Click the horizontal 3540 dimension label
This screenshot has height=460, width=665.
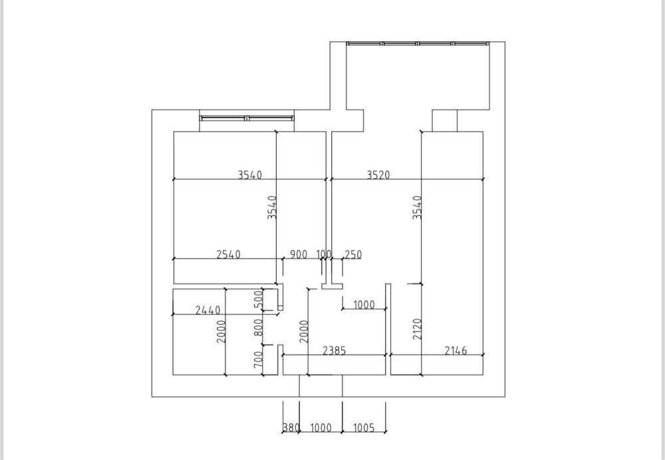tap(250, 175)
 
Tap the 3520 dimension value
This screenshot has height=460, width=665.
tap(378, 175)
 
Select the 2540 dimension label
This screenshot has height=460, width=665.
tap(228, 254)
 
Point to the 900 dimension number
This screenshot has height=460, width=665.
tap(299, 254)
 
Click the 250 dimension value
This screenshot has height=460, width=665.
tap(353, 254)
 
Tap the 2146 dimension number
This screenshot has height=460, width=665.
tap(456, 350)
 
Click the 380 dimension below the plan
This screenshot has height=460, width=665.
tap(291, 428)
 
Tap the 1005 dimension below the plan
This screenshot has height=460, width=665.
tap(363, 428)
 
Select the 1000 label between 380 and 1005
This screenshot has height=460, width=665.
tap(321, 428)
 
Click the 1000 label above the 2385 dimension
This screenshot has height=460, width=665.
tap(364, 305)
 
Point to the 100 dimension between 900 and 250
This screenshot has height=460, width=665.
tap(325, 254)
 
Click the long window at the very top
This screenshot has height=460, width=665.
tap(418, 44)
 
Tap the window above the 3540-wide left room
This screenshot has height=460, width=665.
tap(247, 118)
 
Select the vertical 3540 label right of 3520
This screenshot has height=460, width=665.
tap(417, 207)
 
